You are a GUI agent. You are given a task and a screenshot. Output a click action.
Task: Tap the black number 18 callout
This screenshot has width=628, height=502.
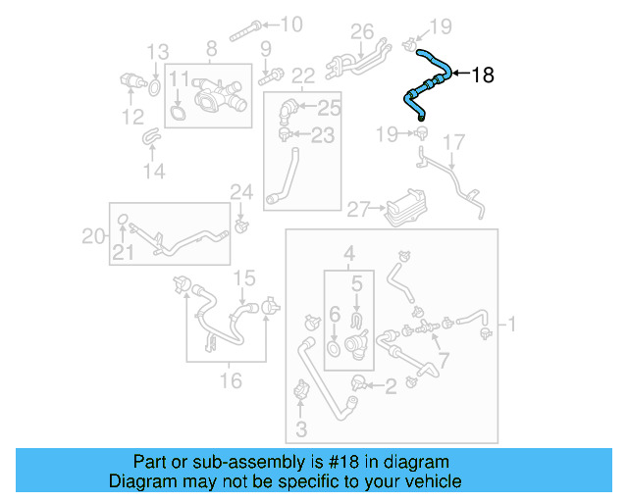pos(483,75)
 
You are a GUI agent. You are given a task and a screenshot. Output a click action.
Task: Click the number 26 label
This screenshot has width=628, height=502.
pos(362,31)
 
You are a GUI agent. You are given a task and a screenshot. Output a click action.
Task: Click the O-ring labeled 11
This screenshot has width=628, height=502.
pos(178,113)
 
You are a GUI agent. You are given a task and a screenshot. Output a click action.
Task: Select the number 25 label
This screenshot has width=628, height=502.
pos(328,106)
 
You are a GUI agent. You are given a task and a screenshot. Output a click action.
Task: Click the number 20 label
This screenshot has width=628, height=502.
pos(93,235)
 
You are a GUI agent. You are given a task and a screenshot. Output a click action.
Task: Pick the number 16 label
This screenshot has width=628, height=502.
pos(230,380)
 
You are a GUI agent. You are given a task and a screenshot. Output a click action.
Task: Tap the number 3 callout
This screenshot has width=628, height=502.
pos(301,428)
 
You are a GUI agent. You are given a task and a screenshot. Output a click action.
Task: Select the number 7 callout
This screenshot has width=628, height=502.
pos(444,360)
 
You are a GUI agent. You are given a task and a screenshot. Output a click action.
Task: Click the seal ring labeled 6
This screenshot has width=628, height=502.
pos(334,348)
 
